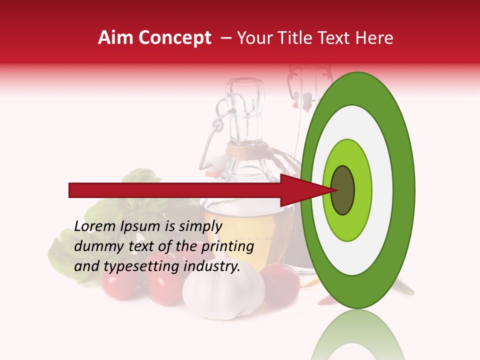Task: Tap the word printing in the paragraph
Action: point(227,246)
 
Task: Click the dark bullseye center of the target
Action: point(342,189)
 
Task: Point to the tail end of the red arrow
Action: point(71,190)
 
